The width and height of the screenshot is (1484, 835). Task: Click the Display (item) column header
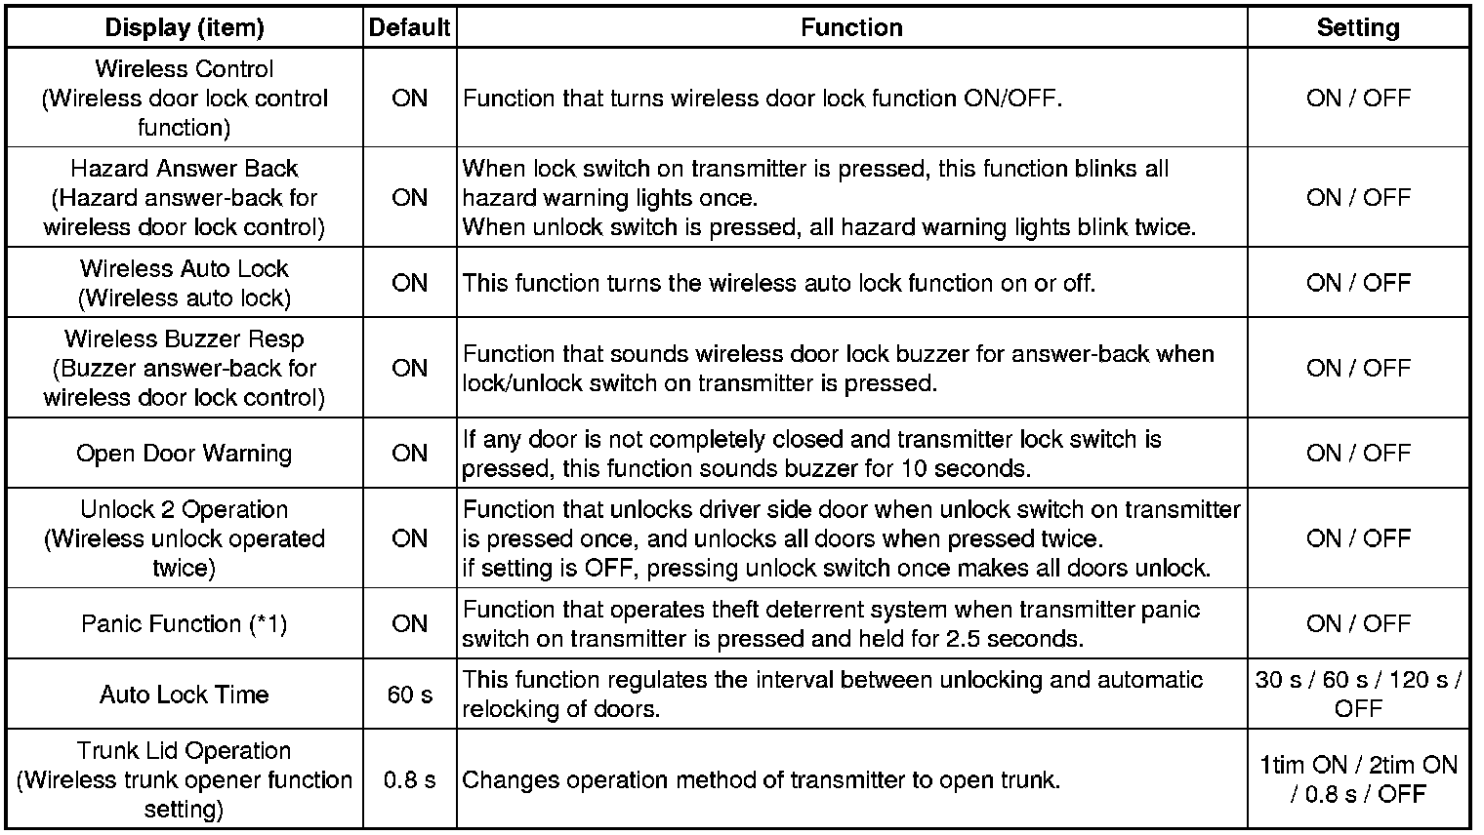click(x=185, y=28)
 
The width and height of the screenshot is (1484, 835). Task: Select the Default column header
click(x=410, y=28)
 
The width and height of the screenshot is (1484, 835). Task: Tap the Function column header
click(x=851, y=28)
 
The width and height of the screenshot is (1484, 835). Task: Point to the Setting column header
click(x=1358, y=28)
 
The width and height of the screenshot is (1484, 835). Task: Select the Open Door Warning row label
click(x=185, y=454)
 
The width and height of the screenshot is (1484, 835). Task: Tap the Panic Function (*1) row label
click(x=185, y=623)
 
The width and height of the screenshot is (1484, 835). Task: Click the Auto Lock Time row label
click(x=185, y=695)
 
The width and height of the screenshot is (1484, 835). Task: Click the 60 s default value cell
click(x=410, y=695)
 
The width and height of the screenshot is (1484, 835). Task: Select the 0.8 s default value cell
click(x=410, y=780)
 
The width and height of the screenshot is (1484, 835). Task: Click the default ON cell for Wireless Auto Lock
click(x=410, y=283)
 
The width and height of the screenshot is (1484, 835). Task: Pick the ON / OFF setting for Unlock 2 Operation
click(x=1358, y=538)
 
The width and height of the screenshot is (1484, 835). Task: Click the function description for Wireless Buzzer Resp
click(x=838, y=368)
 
